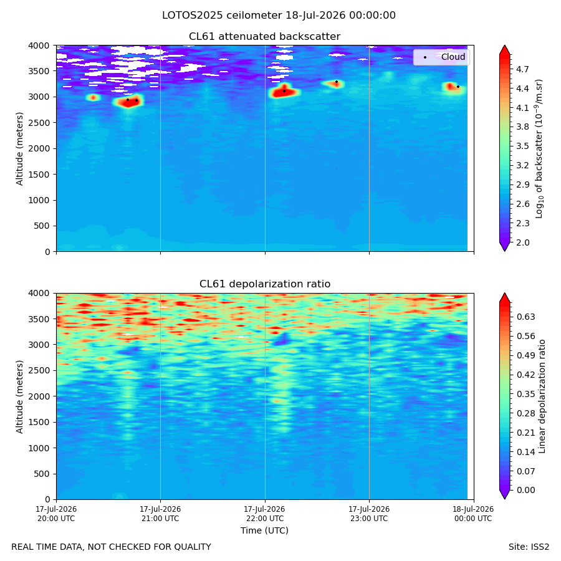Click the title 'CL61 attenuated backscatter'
coord(265,37)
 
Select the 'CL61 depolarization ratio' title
coord(265,284)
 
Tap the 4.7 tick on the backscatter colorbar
coord(522,69)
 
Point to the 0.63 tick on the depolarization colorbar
coord(525,317)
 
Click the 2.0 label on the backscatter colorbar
coord(522,242)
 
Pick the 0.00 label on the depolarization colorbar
coord(525,490)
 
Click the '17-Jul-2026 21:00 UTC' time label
coord(160,514)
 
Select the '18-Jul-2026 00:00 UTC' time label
coord(473,514)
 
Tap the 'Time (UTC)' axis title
coord(264,530)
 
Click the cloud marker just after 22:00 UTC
coord(284,91)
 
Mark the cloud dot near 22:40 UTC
coord(337,82)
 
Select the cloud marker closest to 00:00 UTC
coord(458,87)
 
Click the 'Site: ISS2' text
coord(529,547)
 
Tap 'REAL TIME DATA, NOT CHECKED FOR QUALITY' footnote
coord(112,547)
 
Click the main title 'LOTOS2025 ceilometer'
coord(222,16)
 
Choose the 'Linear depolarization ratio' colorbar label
coord(542,396)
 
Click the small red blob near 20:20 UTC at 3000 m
coord(93,97)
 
